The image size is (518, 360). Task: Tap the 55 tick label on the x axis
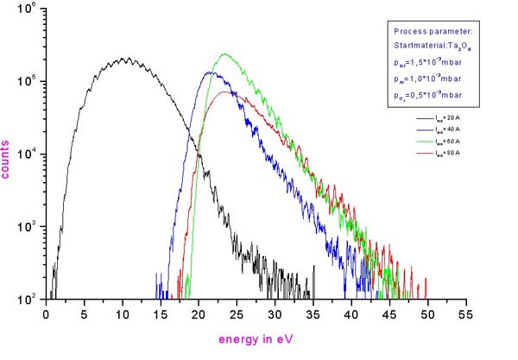[467, 315]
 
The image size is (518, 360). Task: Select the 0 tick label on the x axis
[47, 315]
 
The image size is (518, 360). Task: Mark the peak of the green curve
[224, 54]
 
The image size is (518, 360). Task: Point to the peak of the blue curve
[210, 73]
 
